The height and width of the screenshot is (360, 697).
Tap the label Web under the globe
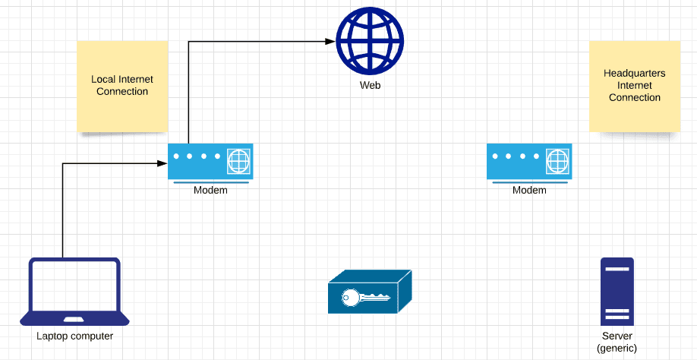(370, 85)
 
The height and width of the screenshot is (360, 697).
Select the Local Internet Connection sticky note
(122, 87)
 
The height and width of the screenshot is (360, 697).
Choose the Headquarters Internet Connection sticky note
(635, 87)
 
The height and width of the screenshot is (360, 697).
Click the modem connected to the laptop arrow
(210, 163)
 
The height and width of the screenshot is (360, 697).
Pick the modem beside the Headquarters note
(529, 163)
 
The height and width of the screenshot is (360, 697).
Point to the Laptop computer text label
(74, 336)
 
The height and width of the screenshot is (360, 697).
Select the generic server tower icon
(617, 292)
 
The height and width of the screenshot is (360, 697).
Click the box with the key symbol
(370, 292)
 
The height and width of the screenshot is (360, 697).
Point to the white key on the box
(365, 297)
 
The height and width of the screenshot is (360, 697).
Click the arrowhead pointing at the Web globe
(330, 41)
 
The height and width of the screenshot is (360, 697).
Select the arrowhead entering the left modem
(162, 163)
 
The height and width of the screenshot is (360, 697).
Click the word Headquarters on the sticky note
(634, 74)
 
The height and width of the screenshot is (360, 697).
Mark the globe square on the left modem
(238, 161)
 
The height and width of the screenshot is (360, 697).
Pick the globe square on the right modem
(558, 161)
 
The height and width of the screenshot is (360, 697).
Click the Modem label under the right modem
(529, 190)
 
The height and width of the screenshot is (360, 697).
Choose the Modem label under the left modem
(210, 190)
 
